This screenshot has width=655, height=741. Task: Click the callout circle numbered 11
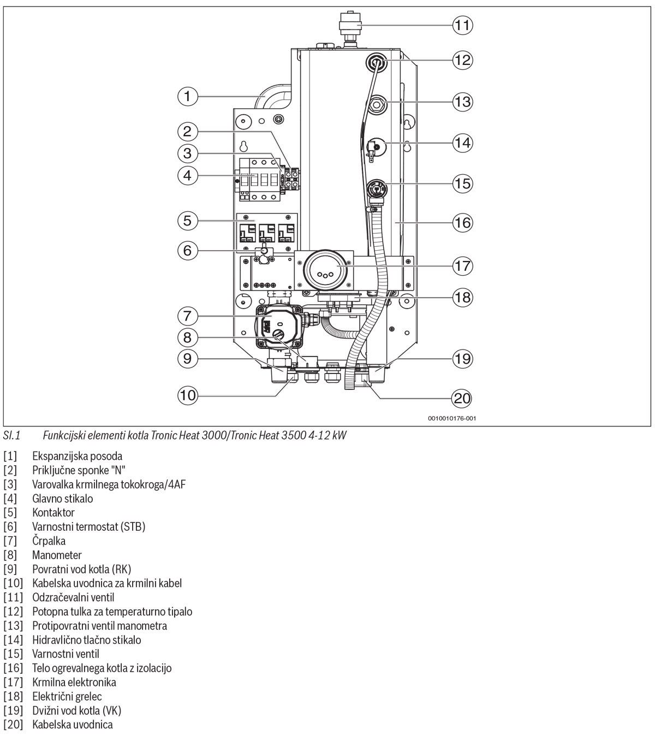pyautogui.click(x=462, y=25)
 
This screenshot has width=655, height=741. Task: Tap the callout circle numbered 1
pyautogui.click(x=187, y=97)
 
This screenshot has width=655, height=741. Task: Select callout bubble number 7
pyautogui.click(x=187, y=316)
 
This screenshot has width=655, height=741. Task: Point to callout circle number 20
pyautogui.click(x=462, y=398)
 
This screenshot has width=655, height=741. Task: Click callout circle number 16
pyautogui.click(x=462, y=223)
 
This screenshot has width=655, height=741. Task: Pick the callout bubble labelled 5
pyautogui.click(x=187, y=221)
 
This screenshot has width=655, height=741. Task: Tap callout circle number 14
pyautogui.click(x=462, y=143)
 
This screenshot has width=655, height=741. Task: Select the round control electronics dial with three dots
pyautogui.click(x=326, y=270)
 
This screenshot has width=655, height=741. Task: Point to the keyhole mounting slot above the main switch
pyautogui.click(x=244, y=146)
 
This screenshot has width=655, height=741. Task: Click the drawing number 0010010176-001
pyautogui.click(x=452, y=418)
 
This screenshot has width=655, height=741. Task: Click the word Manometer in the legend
pyautogui.click(x=57, y=555)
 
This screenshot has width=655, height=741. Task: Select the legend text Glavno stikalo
pyautogui.click(x=62, y=499)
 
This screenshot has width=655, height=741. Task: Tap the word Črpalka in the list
pyautogui.click(x=49, y=541)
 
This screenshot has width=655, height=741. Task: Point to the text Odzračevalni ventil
pyautogui.click(x=73, y=597)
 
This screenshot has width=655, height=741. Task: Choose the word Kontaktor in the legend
pyautogui.click(x=53, y=513)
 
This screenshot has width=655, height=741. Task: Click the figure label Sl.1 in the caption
pyautogui.click(x=11, y=435)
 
